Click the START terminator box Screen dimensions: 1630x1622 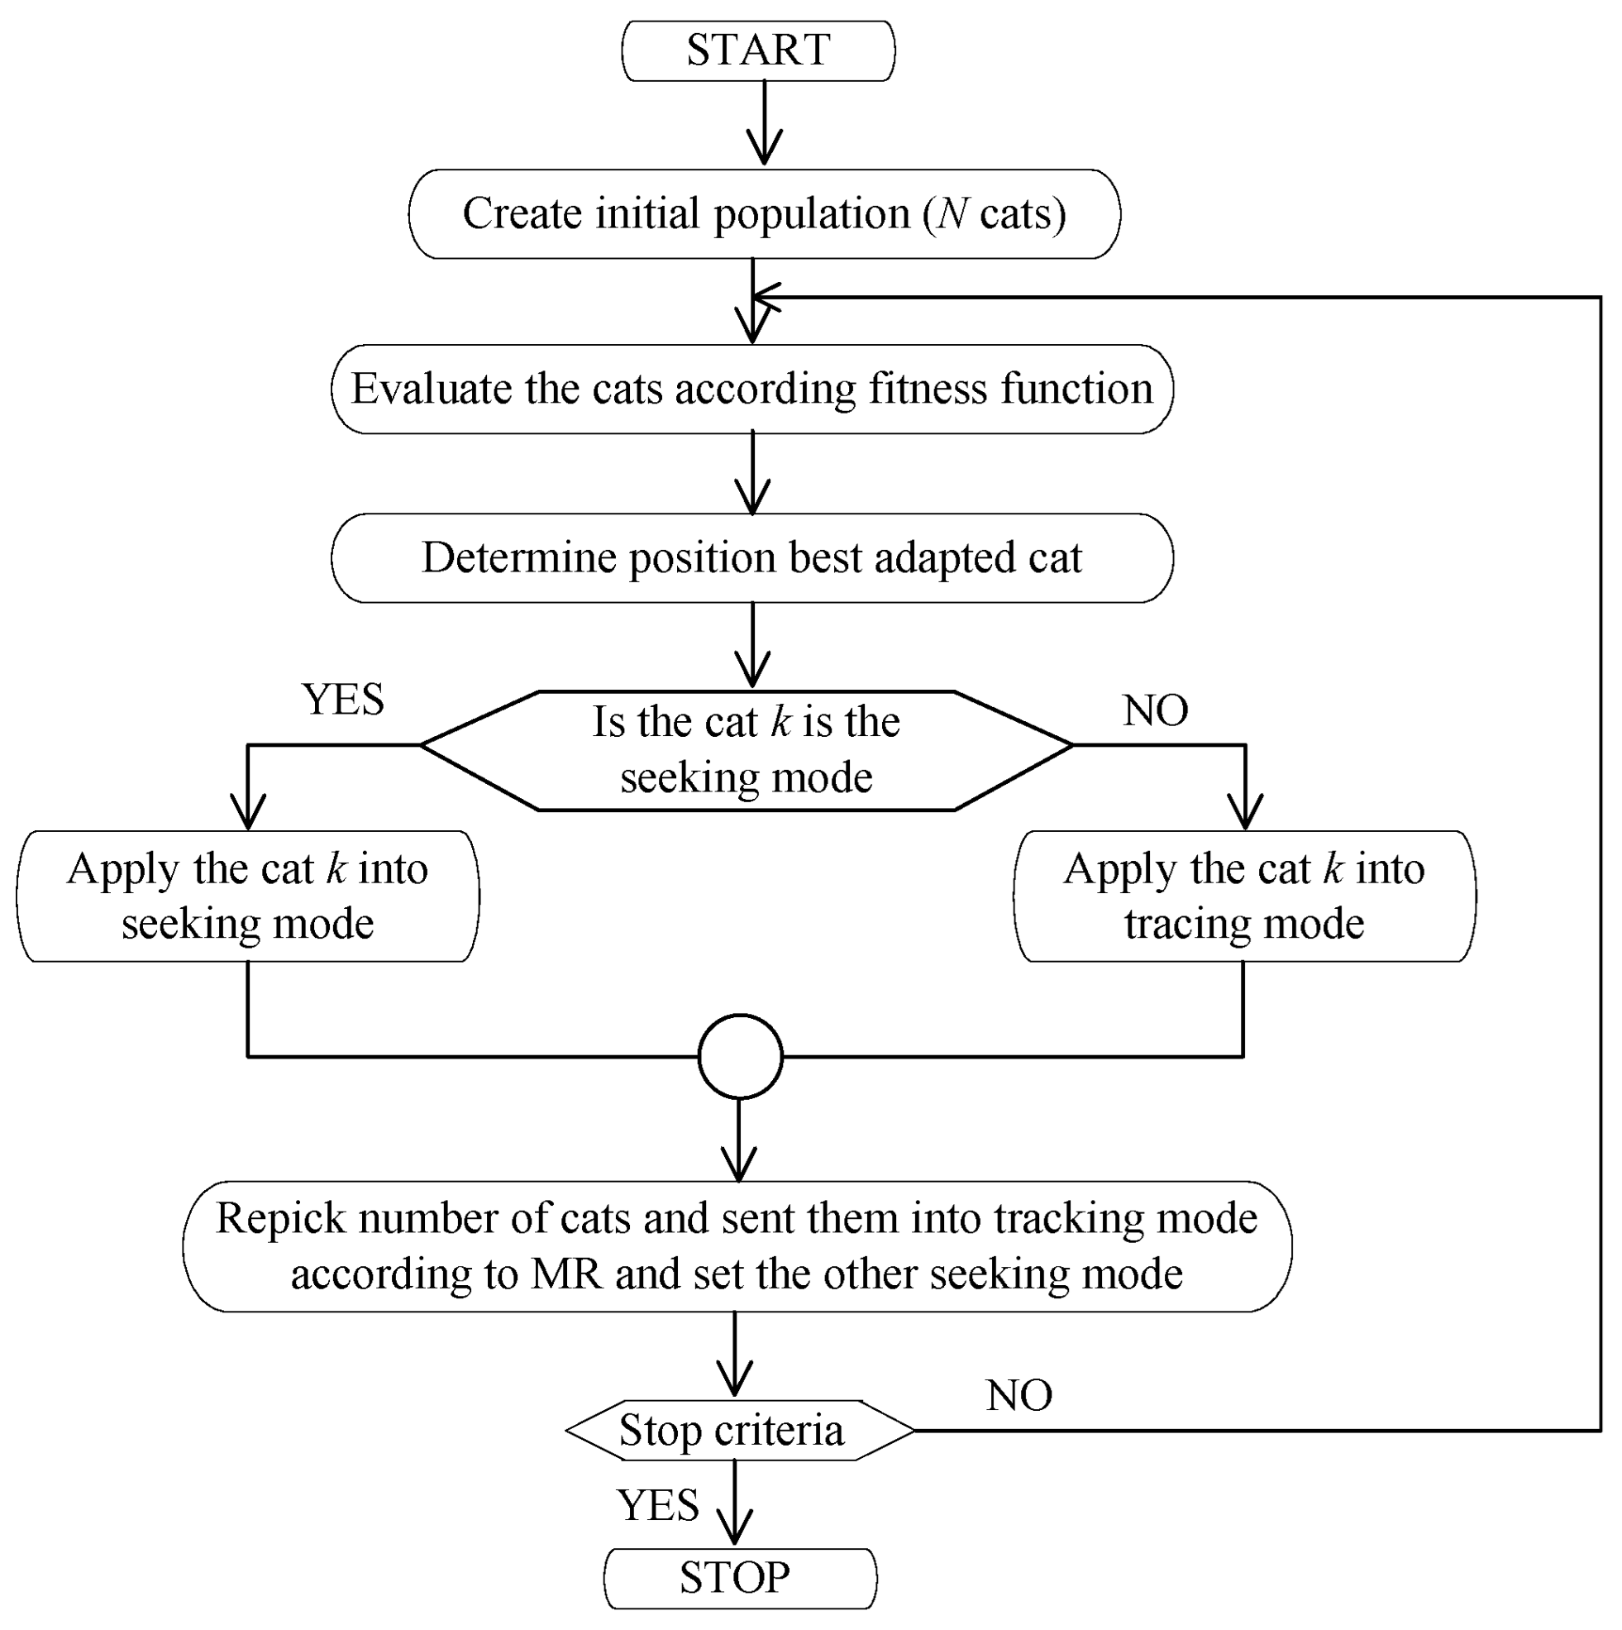[x=758, y=50]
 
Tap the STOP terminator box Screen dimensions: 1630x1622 [x=740, y=1578]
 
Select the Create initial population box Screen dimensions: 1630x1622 [x=764, y=213]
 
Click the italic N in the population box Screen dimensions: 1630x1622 [x=952, y=213]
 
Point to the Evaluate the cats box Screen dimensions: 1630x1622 [x=751, y=389]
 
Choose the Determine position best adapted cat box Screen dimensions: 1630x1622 [x=751, y=557]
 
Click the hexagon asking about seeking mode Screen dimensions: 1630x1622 [x=747, y=750]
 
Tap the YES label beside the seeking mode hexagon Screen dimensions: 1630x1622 [x=343, y=700]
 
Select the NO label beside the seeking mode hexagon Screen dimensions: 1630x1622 [x=1155, y=710]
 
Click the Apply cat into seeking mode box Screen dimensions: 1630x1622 [x=248, y=896]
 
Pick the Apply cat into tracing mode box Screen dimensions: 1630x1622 [x=1244, y=896]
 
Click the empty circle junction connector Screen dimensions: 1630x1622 [x=741, y=1056]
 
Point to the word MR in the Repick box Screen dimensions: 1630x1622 [x=566, y=1274]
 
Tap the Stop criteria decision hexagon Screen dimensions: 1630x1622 [x=732, y=1430]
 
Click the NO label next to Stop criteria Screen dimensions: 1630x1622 [x=1019, y=1395]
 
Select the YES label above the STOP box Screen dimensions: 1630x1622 [x=658, y=1505]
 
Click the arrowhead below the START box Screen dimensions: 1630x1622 [x=764, y=151]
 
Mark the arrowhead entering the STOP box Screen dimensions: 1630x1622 [x=735, y=1531]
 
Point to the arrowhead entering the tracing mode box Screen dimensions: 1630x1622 [x=1245, y=813]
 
